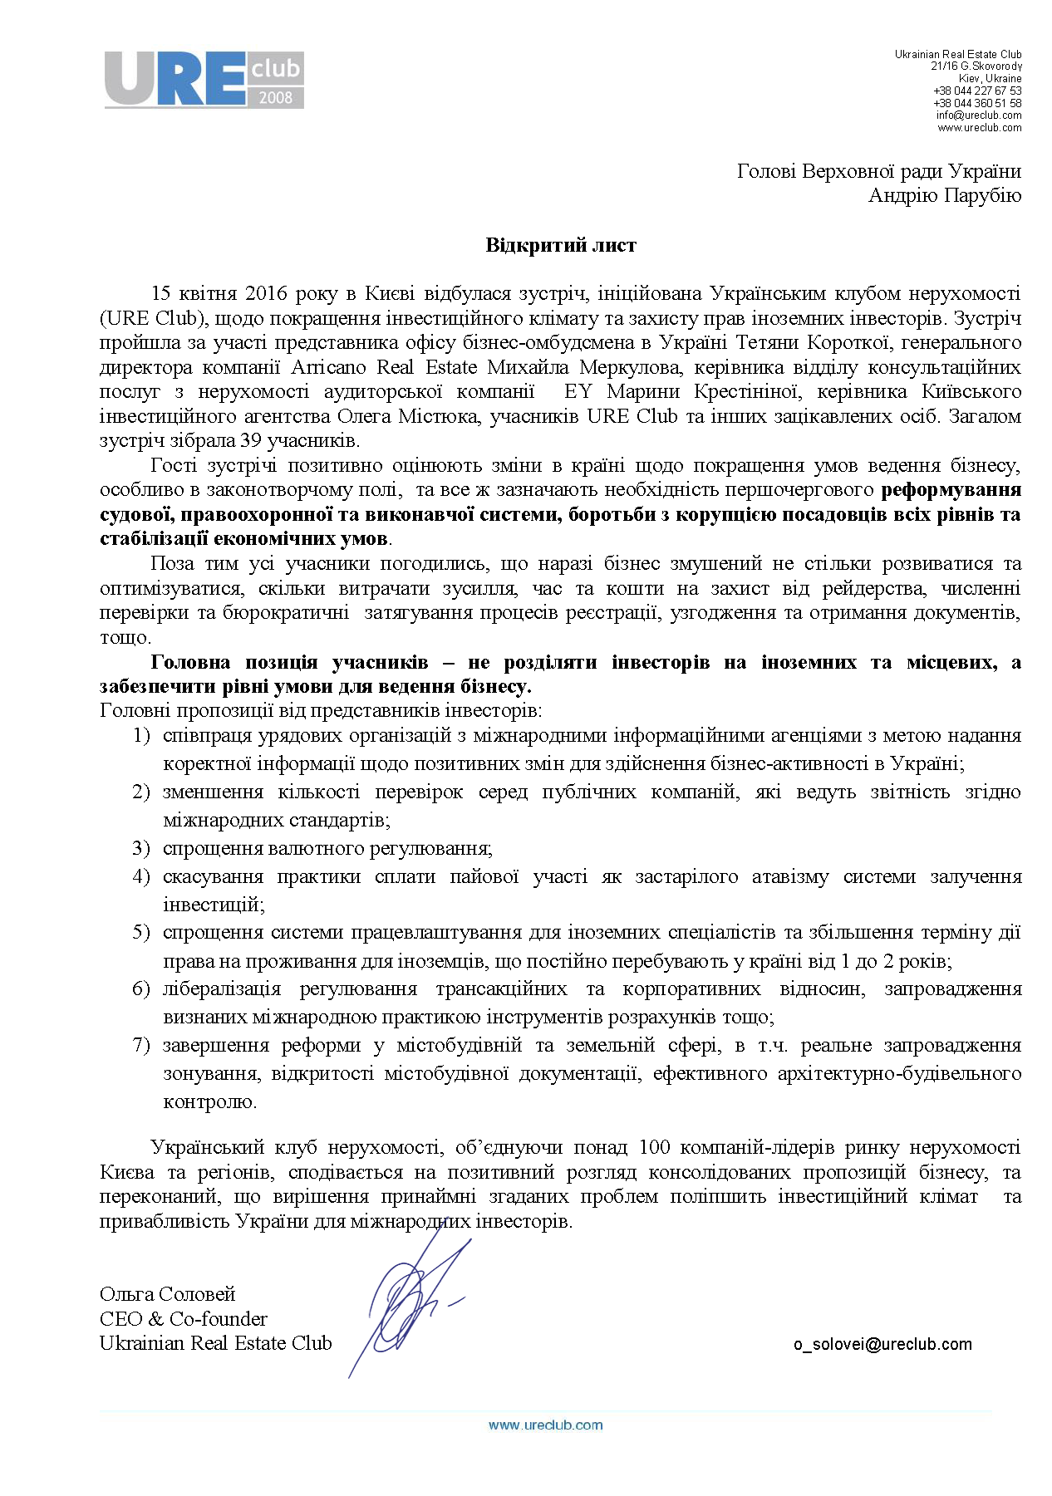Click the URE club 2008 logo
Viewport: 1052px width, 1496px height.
[x=204, y=80]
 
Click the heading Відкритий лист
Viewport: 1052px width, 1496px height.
[x=561, y=245]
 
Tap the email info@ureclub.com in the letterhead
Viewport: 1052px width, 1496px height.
[x=978, y=115]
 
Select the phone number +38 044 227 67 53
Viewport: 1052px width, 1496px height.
[x=976, y=91]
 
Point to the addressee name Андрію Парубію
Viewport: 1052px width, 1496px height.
[x=944, y=195]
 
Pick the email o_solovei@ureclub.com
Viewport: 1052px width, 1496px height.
[x=882, y=1344]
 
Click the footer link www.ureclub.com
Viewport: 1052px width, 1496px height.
[x=545, y=1425]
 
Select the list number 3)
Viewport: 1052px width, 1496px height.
[x=141, y=848]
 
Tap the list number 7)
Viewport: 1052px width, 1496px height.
[x=141, y=1045]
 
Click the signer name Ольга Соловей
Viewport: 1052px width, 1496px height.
[x=167, y=1294]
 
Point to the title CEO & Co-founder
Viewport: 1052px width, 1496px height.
[x=183, y=1319]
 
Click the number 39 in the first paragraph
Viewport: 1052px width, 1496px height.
[x=251, y=440]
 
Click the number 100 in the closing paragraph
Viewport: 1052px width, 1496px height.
[x=654, y=1148]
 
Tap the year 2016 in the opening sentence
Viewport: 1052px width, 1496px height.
[x=266, y=294]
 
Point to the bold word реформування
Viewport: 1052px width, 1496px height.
[x=951, y=490]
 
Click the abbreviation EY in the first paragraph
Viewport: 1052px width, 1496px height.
[x=578, y=392]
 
